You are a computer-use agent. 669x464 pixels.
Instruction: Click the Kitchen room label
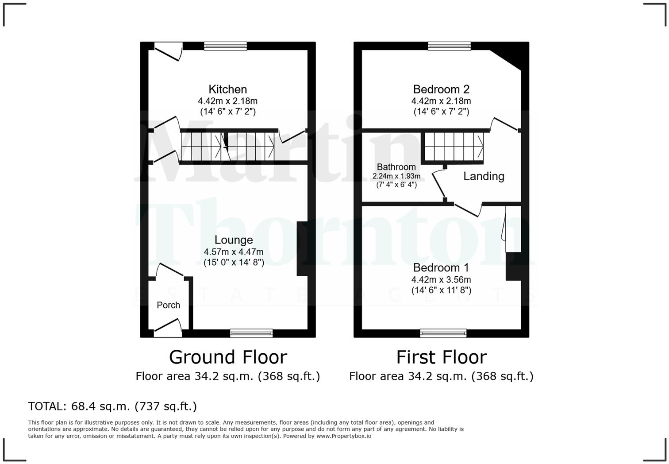click(x=227, y=89)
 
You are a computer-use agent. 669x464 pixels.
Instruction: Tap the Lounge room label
click(x=234, y=240)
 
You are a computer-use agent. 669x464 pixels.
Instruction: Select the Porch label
click(x=169, y=305)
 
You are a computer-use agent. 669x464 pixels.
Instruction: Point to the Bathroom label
click(x=396, y=167)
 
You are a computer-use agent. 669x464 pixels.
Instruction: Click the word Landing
click(x=484, y=176)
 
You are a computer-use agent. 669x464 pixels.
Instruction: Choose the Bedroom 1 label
click(x=441, y=268)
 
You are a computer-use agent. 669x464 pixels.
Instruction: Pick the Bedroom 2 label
click(x=441, y=89)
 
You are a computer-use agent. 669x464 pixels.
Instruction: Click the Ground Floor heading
click(x=228, y=357)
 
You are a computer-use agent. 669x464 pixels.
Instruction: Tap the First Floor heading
click(x=441, y=357)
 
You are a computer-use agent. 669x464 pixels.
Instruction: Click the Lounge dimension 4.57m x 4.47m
click(x=234, y=252)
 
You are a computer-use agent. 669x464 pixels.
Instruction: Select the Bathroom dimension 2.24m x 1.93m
click(x=396, y=176)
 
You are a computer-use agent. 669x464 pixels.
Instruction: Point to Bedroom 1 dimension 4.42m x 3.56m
click(x=441, y=280)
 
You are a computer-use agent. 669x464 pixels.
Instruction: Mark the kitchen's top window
click(x=226, y=46)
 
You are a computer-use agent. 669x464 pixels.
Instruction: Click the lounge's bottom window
click(x=251, y=333)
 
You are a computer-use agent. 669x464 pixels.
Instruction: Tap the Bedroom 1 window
click(x=443, y=333)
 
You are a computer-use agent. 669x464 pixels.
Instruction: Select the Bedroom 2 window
click(x=450, y=46)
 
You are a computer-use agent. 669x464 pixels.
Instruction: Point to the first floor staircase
click(x=454, y=147)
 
